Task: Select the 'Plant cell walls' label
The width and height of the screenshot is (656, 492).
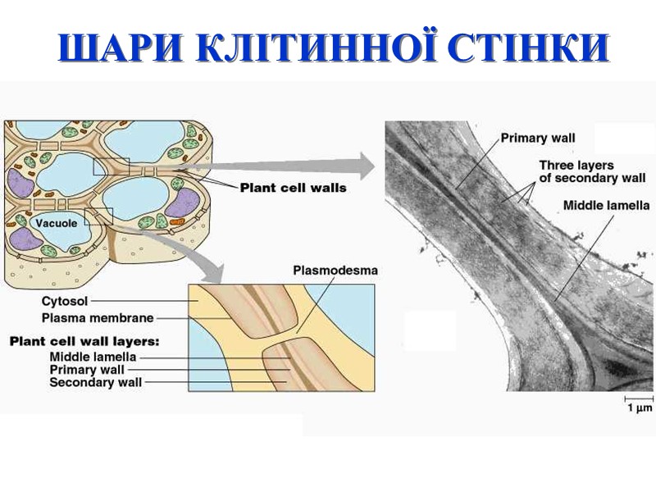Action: pyautogui.click(x=293, y=188)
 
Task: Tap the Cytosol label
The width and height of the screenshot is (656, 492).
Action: pyautogui.click(x=65, y=301)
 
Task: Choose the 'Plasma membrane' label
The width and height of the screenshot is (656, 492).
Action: pyautogui.click(x=86, y=317)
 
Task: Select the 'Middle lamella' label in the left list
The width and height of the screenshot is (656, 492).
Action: pyautogui.click(x=93, y=357)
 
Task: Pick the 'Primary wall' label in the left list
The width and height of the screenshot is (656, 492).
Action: pyautogui.click(x=88, y=369)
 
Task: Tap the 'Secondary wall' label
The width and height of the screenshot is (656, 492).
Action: pyautogui.click(x=96, y=381)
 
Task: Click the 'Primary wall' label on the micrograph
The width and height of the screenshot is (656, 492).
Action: pyautogui.click(x=537, y=138)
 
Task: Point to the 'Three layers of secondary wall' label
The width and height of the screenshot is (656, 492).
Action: pyautogui.click(x=592, y=171)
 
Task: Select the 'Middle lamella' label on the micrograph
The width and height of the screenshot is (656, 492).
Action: pyautogui.click(x=606, y=205)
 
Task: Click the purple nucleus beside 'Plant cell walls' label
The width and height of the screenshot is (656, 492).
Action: pyautogui.click(x=184, y=202)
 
